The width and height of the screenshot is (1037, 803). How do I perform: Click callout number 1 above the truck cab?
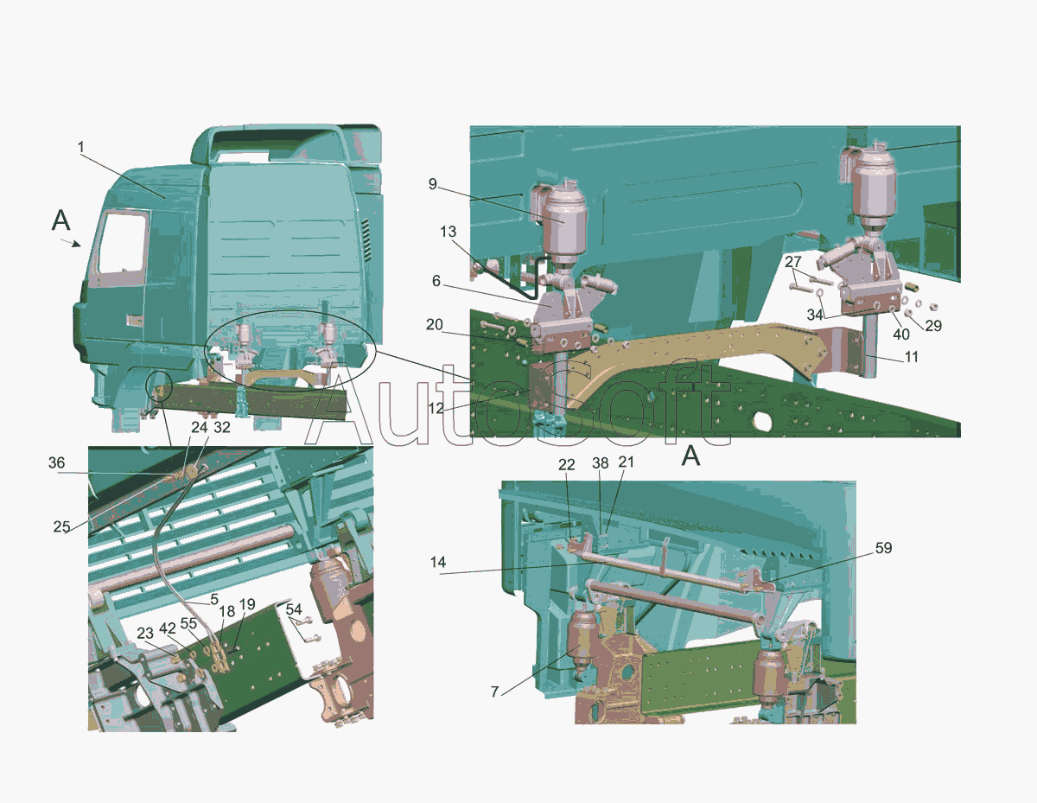[x=81, y=148]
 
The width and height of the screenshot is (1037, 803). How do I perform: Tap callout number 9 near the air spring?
[x=432, y=184]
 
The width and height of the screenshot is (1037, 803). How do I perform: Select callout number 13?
[x=449, y=232]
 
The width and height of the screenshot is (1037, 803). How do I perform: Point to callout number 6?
[x=436, y=281]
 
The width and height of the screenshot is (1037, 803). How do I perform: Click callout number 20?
[x=435, y=325]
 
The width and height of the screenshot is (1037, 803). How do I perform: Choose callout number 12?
[x=436, y=409]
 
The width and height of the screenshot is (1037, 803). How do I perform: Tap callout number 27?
[x=793, y=262]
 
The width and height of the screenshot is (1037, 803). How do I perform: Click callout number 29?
[x=933, y=326]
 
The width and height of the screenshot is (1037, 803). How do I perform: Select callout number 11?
[x=912, y=357]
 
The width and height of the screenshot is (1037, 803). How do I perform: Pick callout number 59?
[x=883, y=548]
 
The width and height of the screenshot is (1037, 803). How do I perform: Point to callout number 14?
[x=438, y=563]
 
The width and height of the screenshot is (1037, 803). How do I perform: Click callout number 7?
[x=495, y=691]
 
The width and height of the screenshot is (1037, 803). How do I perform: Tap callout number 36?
[x=56, y=462]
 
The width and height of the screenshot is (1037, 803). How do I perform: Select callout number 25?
[x=61, y=526]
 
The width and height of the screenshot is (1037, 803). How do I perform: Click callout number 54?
[x=294, y=609]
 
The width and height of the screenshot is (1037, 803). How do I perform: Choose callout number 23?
[x=145, y=633]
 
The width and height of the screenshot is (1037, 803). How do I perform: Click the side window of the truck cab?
[x=123, y=243]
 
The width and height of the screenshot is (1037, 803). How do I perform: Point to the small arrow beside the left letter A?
[x=71, y=244]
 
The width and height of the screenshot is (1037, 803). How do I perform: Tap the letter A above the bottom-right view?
[x=691, y=456]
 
